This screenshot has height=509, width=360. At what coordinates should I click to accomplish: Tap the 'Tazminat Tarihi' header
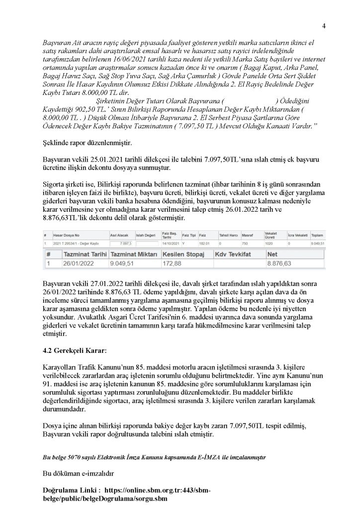pyautogui.click(x=76, y=254)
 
